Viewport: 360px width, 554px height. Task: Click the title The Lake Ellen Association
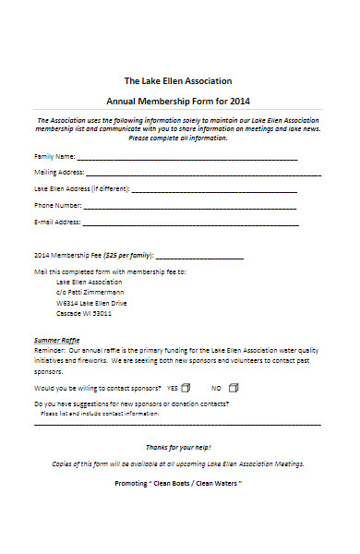pos(178,80)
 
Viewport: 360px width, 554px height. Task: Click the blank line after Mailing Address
pos(203,173)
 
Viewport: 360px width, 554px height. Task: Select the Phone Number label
pos(58,205)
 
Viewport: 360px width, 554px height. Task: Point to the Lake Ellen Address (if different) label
pos(81,188)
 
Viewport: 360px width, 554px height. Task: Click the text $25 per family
pos(127,254)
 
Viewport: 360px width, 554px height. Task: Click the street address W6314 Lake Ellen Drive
pos(91,303)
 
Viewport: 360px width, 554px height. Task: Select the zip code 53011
pos(102,313)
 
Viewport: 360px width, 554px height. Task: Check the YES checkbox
pos(185,362)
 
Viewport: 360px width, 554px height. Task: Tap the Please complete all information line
pos(177,138)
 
